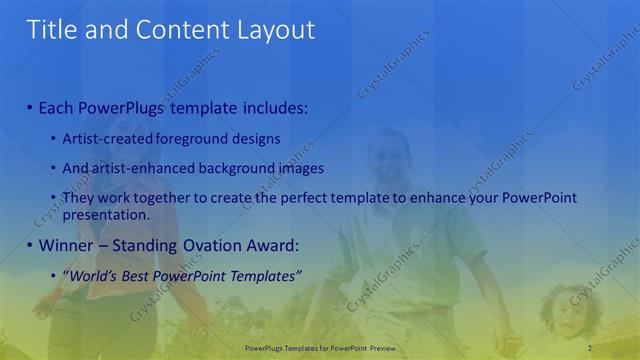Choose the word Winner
coord(64,244)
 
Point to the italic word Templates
coord(262,275)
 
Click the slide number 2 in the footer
coord(590,347)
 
